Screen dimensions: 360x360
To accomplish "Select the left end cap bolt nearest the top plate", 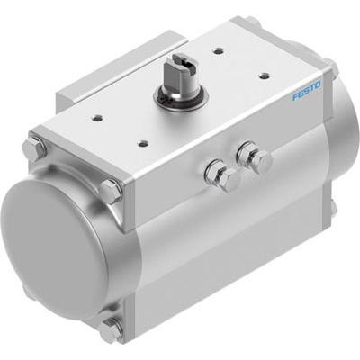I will (111, 191).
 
